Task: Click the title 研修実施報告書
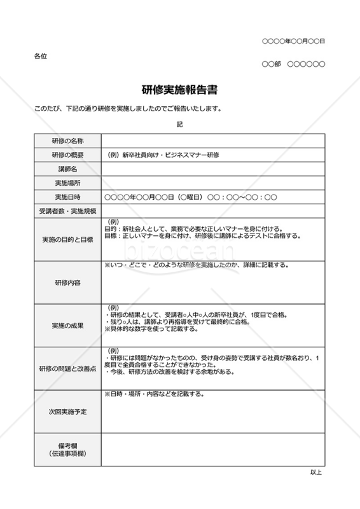(x=180, y=90)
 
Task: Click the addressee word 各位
(x=40, y=56)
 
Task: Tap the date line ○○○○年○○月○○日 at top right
(x=293, y=41)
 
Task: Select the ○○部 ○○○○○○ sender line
(x=293, y=64)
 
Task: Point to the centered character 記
(x=180, y=124)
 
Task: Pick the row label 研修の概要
(x=67, y=155)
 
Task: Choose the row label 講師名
(x=67, y=169)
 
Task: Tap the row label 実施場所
(x=67, y=183)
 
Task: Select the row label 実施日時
(x=67, y=197)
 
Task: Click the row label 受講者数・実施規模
(x=67, y=211)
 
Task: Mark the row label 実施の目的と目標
(x=67, y=239)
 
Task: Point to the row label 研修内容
(x=67, y=281)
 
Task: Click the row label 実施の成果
(x=67, y=325)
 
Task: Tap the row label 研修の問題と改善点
(x=67, y=368)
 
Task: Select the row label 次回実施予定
(x=67, y=412)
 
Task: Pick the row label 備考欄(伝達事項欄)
(x=67, y=449)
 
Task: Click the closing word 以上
(x=316, y=472)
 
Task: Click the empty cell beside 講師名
(x=212, y=169)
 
